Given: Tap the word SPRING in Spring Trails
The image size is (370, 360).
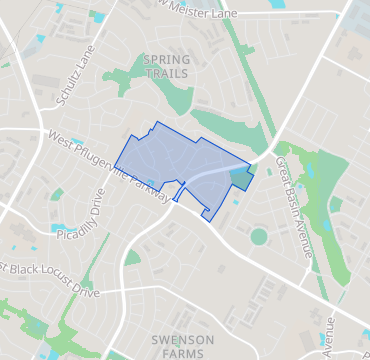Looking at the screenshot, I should pos(166,60).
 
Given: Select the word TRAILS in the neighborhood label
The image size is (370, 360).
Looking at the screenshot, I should pos(166,74).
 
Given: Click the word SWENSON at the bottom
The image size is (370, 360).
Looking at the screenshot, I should pos(182,340).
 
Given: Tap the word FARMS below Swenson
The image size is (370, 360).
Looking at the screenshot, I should pos(182,353).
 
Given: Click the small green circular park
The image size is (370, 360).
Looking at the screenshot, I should pos(259,237).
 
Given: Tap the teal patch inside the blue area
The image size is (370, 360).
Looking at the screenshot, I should pos(239,178).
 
